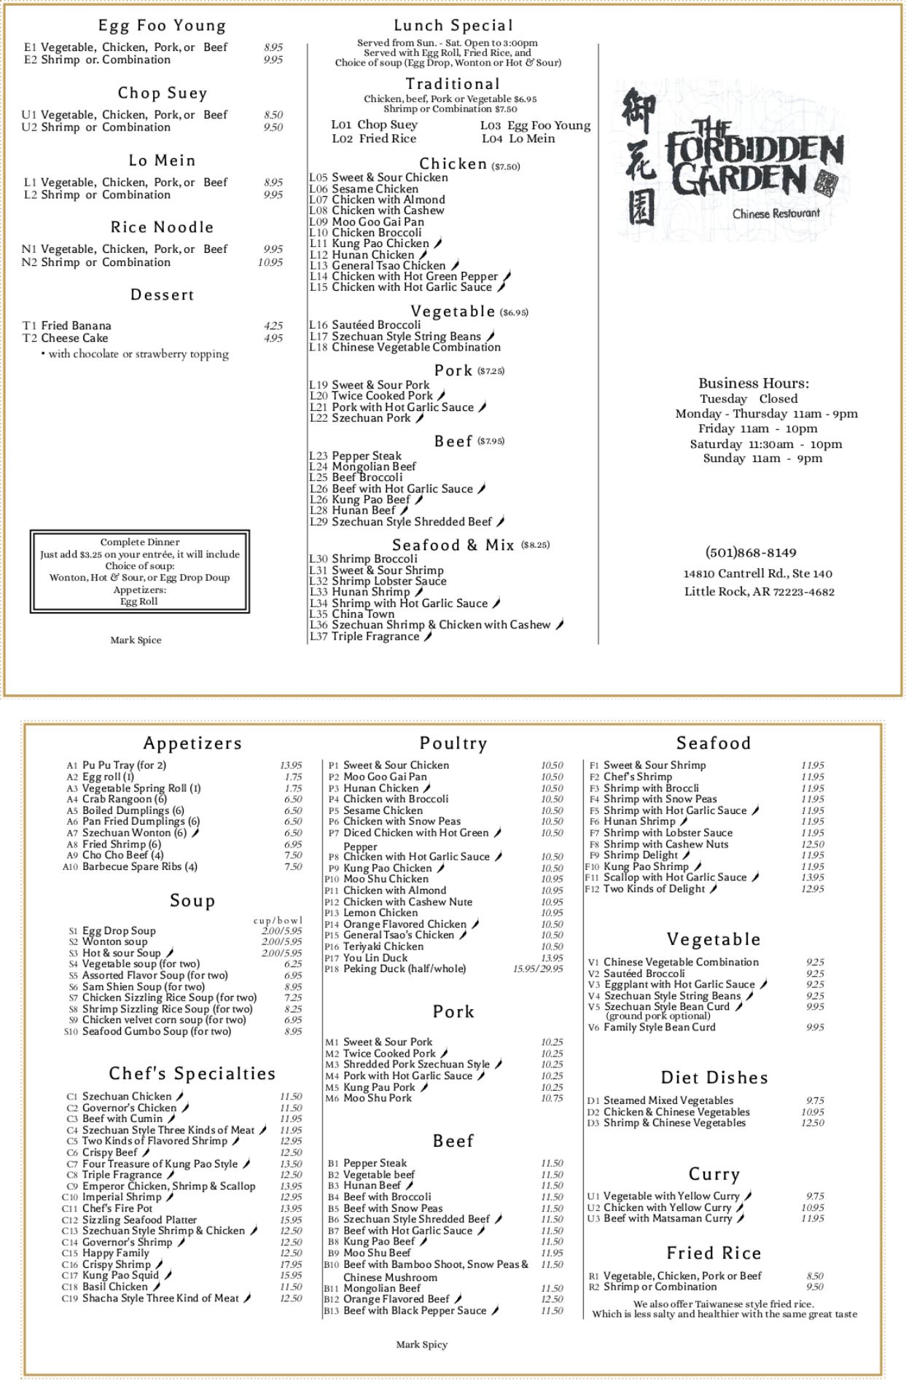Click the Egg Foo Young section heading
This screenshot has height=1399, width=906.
[162, 26]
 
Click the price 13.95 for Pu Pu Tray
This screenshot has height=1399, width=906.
[291, 765]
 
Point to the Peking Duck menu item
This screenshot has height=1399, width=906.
[404, 968]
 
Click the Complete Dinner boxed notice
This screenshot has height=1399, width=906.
[140, 571]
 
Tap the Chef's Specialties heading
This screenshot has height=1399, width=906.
[192, 1073]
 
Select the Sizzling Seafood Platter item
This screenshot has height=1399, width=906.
[139, 1219]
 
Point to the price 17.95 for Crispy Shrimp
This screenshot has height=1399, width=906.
[291, 1264]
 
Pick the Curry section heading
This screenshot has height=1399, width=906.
[714, 1174]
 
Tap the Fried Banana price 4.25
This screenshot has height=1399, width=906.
[273, 326]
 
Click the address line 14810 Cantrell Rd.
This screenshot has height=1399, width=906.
[757, 573]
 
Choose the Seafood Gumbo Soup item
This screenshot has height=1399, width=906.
[156, 1031]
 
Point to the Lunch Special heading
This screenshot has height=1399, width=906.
[453, 26]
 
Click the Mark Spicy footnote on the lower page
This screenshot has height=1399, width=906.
[421, 1344]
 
